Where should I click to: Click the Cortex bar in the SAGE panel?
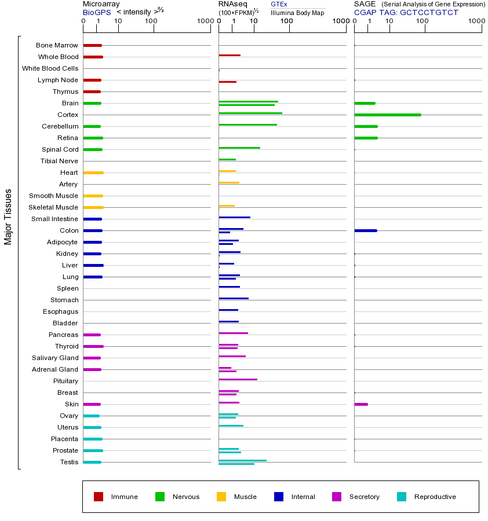click(x=387, y=115)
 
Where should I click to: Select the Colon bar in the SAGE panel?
click(x=365, y=230)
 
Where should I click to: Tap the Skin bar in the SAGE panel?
click(x=360, y=404)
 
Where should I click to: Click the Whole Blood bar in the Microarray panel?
click(x=93, y=57)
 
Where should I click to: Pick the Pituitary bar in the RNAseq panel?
click(x=238, y=379)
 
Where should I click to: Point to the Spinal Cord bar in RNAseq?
click(x=239, y=148)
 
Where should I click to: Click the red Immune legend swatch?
click(x=99, y=497)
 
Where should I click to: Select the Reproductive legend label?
click(x=435, y=497)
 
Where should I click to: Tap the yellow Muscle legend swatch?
click(x=221, y=497)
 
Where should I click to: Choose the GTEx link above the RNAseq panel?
click(x=279, y=4)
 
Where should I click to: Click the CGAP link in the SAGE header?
click(x=365, y=12)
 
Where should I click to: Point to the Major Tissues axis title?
click(x=8, y=216)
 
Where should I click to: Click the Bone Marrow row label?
click(x=57, y=45)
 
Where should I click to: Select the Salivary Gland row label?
click(x=55, y=358)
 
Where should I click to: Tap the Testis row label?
click(x=69, y=462)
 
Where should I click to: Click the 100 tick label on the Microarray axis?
click(x=151, y=21)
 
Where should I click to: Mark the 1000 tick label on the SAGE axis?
click(x=476, y=21)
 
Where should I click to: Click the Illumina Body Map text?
click(x=297, y=12)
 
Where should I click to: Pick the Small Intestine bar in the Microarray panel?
click(x=92, y=219)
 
